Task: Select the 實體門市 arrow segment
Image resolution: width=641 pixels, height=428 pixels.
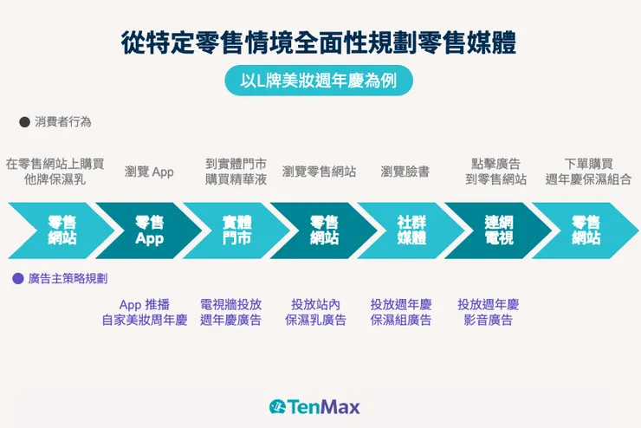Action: [x=236, y=230]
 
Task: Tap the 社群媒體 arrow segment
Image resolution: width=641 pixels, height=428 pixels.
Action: [x=411, y=230]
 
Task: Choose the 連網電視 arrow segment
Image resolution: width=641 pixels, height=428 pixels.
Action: [x=498, y=230]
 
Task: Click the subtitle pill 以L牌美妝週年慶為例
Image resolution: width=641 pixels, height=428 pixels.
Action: [x=320, y=81]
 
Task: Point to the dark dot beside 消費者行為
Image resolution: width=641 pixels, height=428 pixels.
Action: [x=24, y=122]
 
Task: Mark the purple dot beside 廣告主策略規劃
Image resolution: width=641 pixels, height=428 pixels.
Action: [x=17, y=279]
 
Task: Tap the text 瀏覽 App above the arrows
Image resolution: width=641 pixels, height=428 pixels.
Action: [x=149, y=172]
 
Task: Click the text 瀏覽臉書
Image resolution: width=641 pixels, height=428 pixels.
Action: [x=405, y=172]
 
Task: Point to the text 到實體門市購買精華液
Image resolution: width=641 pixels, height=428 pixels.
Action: [x=236, y=172]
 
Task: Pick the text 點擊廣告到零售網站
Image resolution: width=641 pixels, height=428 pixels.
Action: [x=496, y=172]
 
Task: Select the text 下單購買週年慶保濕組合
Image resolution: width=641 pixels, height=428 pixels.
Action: [x=588, y=172]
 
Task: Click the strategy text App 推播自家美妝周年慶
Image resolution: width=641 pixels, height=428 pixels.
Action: [x=144, y=312]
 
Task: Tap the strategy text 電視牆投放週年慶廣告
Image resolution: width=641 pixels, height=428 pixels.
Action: [x=230, y=312]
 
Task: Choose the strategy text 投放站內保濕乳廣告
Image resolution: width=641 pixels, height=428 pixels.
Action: [x=315, y=312]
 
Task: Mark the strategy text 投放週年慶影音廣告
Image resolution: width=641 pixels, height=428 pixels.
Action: [x=488, y=312]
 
